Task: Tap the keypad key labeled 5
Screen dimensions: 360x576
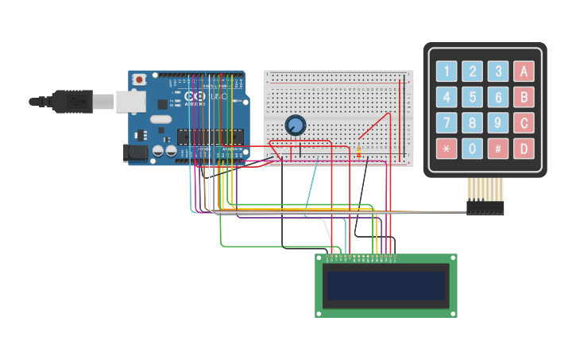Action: pos(473,98)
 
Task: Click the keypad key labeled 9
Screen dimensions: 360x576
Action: pos(498,123)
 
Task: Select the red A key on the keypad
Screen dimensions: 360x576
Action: pos(524,72)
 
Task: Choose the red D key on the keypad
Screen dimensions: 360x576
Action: pos(524,149)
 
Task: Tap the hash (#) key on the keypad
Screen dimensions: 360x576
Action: pos(498,149)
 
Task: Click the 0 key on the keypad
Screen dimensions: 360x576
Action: pos(473,149)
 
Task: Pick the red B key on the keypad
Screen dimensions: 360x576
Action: pos(524,98)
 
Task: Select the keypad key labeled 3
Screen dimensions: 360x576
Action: pos(498,72)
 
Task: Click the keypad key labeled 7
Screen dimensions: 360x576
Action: pos(447,123)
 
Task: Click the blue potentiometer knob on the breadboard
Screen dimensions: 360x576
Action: pos(295,125)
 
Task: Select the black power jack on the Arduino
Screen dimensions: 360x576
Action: pos(137,153)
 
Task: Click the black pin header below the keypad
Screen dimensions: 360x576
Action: pos(485,207)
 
